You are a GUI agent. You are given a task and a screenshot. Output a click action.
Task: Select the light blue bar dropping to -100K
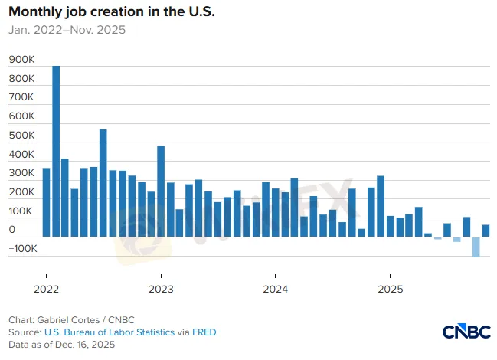pyautogui.click(x=476, y=247)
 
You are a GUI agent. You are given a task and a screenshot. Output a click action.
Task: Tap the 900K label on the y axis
pyautogui.click(x=21, y=60)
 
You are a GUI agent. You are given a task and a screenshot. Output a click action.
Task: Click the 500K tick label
pyautogui.click(x=21, y=136)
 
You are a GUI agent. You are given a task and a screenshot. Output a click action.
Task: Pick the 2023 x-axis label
pyautogui.click(x=161, y=290)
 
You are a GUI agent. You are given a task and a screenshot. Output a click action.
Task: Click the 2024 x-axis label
pyautogui.click(x=275, y=290)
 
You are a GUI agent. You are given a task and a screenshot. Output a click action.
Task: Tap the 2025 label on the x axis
pyautogui.click(x=390, y=290)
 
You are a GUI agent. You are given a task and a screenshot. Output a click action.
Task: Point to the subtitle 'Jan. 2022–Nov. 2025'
pyautogui.click(x=67, y=31)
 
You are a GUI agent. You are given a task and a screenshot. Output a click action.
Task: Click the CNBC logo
pyautogui.click(x=466, y=332)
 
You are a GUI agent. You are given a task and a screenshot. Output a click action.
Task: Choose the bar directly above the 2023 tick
pyautogui.click(x=161, y=191)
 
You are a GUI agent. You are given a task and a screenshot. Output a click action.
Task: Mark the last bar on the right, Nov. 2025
pyautogui.click(x=486, y=231)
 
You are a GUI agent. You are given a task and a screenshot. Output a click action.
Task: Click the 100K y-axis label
pyautogui.click(x=21, y=211)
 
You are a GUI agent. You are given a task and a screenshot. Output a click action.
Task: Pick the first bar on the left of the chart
pyautogui.click(x=46, y=202)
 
